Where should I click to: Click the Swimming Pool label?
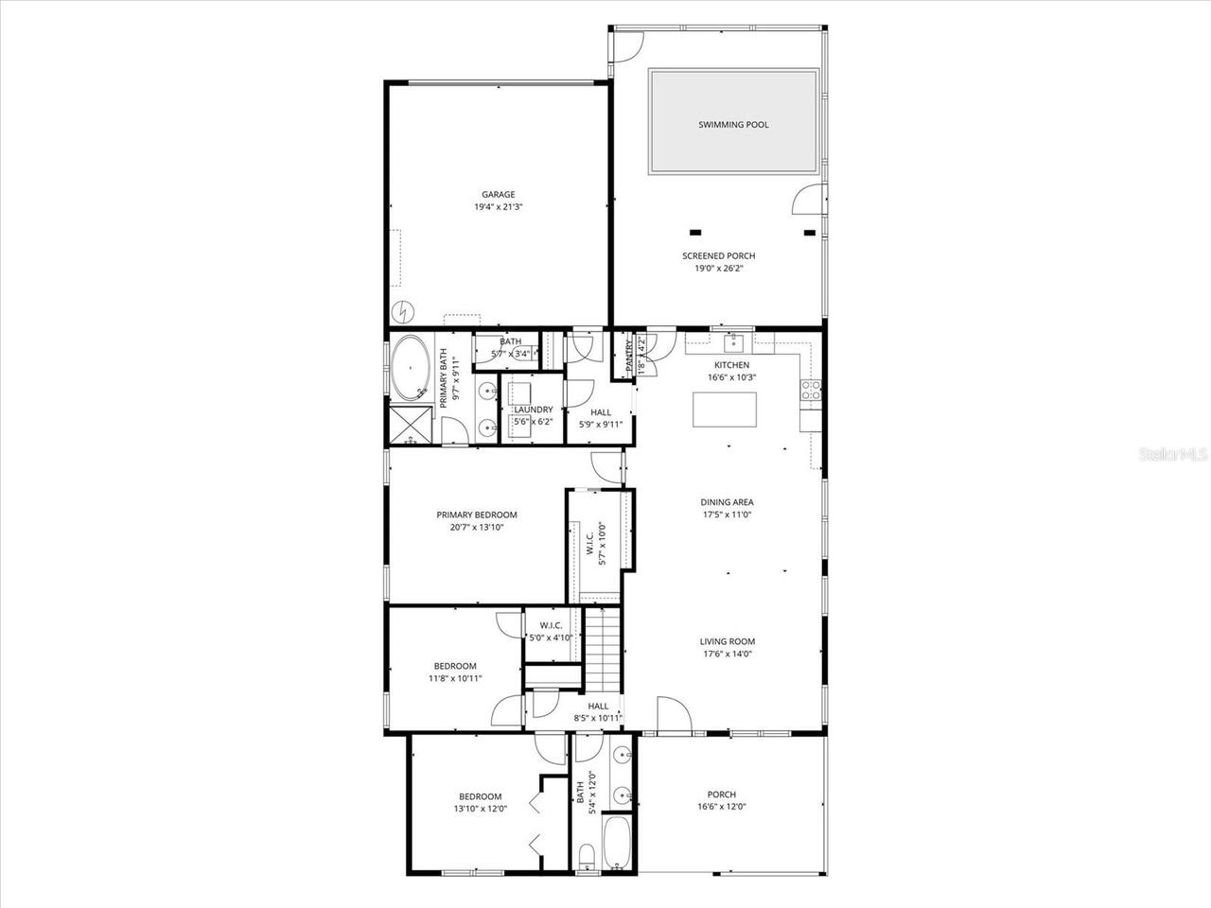pyautogui.click(x=733, y=125)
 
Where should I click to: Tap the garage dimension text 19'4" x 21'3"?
pyautogui.click(x=499, y=207)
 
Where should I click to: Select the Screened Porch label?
pyautogui.click(x=719, y=255)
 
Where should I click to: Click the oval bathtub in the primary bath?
pyautogui.click(x=411, y=367)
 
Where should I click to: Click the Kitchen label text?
pyautogui.click(x=731, y=365)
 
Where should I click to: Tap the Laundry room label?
pyautogui.click(x=533, y=410)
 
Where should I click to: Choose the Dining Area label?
pyautogui.click(x=727, y=502)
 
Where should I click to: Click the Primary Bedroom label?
pyautogui.click(x=477, y=515)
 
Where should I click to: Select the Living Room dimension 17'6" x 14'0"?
pyautogui.click(x=728, y=654)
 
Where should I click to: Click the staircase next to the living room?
pyautogui.click(x=603, y=649)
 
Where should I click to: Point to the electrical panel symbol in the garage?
pyautogui.click(x=403, y=310)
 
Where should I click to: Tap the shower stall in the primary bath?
pyautogui.click(x=411, y=426)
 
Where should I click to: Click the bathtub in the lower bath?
pyautogui.click(x=616, y=844)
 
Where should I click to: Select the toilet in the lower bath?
pyautogui.click(x=586, y=856)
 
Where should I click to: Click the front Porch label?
pyautogui.click(x=721, y=794)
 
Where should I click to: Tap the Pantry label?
pyautogui.click(x=629, y=355)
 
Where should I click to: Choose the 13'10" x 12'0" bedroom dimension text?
pyautogui.click(x=481, y=809)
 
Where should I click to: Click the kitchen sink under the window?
pyautogui.click(x=733, y=341)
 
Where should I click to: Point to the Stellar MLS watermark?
pyautogui.click(x=1173, y=455)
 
